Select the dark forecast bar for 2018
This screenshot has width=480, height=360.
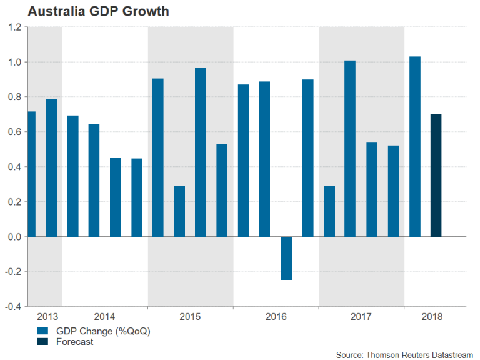pos(436,175)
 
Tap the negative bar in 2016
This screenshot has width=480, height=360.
pos(286,258)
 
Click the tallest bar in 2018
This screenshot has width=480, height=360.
pos(414,146)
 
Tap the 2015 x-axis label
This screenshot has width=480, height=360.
pos(190,317)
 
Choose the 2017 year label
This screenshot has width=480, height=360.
pos(361,317)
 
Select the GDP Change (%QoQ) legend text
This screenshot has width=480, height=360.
pos(103,331)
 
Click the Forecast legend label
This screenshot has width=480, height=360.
pos(74,342)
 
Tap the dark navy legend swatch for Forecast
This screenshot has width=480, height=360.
pos(42,342)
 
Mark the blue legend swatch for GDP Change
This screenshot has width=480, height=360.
pos(42,331)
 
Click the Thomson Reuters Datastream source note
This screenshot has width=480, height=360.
pos(402,354)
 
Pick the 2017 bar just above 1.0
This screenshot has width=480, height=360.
pos(350,148)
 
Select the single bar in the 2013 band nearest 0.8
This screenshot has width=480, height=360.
pos(51,167)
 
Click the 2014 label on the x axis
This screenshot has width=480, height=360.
pos(104,317)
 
